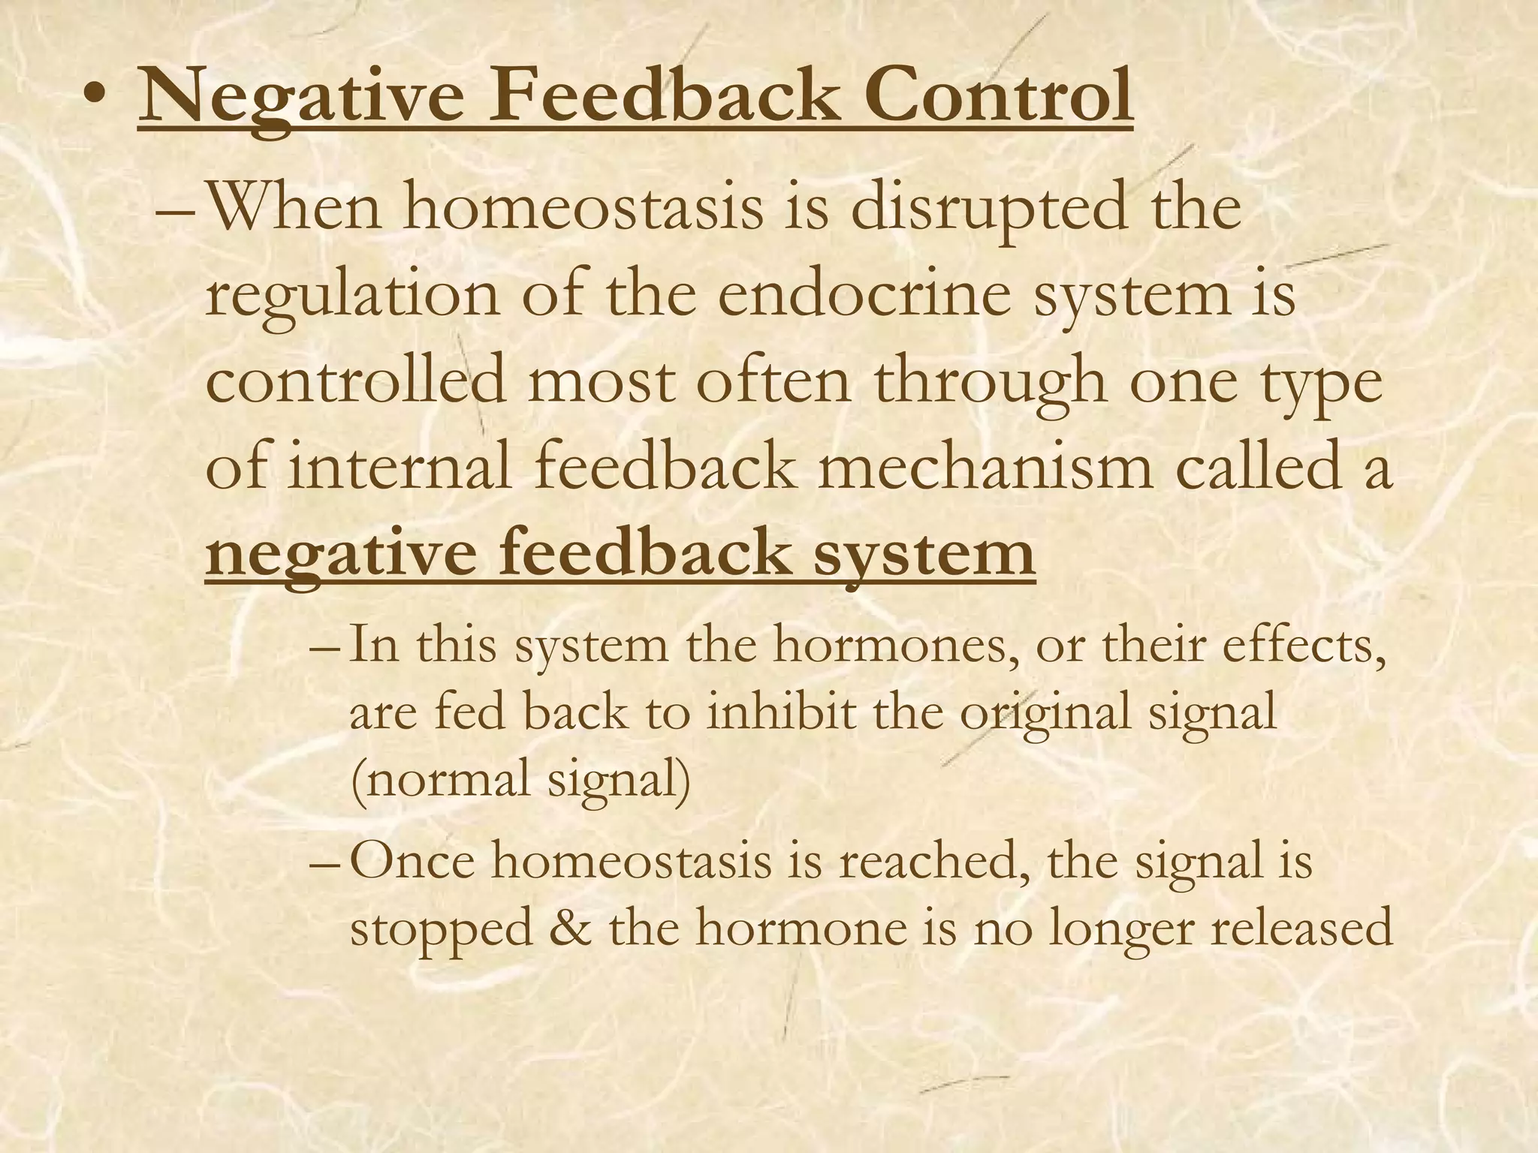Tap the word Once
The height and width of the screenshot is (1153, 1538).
412,861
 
